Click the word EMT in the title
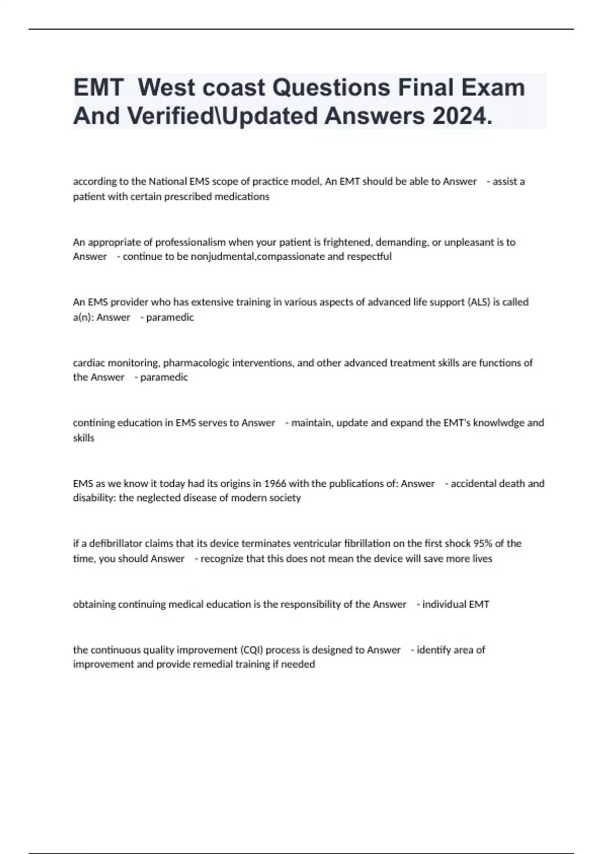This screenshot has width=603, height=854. (98, 88)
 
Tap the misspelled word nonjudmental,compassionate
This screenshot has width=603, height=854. (257, 257)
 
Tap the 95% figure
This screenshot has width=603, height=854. (483, 544)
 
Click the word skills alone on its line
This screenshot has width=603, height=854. (83, 438)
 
